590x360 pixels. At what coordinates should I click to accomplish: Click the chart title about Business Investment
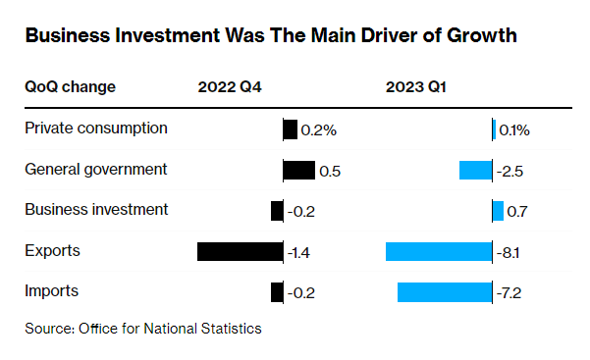tap(270, 36)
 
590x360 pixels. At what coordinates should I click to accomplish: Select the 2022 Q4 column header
tap(231, 86)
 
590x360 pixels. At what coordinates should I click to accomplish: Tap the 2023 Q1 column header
tap(415, 86)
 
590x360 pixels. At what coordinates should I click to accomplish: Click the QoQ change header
tap(70, 86)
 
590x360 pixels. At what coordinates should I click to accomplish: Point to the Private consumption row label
tap(95, 129)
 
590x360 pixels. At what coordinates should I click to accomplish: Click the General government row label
tap(95, 169)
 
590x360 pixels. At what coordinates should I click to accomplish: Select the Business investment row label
tap(96, 210)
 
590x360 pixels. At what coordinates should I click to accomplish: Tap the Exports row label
tap(52, 251)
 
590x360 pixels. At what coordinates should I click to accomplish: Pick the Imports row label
tap(51, 291)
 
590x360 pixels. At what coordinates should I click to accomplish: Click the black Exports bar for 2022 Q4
tap(240, 252)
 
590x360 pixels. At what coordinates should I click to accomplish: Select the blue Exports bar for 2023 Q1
tap(438, 252)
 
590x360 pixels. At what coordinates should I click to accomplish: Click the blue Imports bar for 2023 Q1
tap(444, 292)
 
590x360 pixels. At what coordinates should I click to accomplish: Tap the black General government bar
tap(298, 171)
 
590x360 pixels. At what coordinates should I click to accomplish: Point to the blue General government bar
tap(475, 171)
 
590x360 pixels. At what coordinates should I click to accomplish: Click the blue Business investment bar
tap(498, 211)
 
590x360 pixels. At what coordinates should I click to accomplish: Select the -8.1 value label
tap(509, 253)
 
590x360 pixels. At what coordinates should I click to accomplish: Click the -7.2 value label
tap(510, 293)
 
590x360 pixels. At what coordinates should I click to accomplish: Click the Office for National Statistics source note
tap(143, 329)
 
